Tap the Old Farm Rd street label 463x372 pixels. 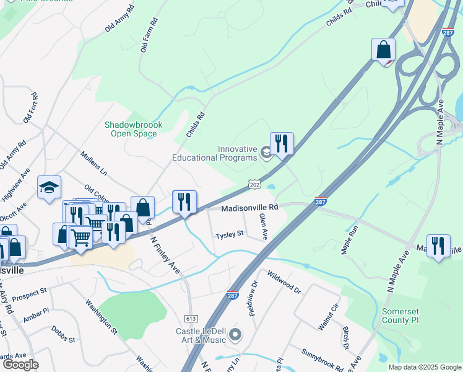[149, 35]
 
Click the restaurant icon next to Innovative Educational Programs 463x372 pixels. [282, 144]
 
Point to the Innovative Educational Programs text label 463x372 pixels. [237, 153]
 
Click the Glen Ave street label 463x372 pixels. [264, 226]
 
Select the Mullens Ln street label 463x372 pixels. [94, 162]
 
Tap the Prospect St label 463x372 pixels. [29, 291]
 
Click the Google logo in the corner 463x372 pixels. [21, 365]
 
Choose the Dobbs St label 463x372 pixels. [63, 335]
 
